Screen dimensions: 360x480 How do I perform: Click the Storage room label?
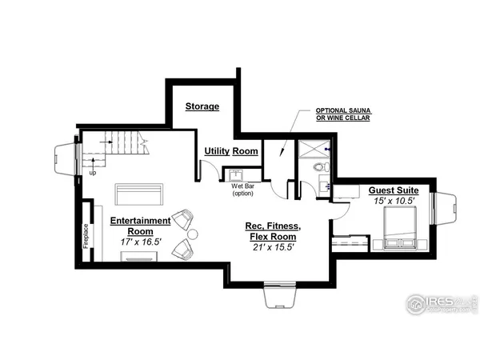[x=202, y=106]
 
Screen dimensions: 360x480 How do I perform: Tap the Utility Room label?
[x=230, y=150]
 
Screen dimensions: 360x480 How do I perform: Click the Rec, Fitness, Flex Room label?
[x=270, y=232]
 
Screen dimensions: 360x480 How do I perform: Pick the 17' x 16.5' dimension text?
[x=140, y=241]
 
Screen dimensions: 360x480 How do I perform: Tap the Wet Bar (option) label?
[x=242, y=190]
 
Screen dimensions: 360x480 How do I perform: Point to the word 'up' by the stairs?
[x=93, y=172]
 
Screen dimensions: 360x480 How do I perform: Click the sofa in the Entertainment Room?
[x=139, y=194]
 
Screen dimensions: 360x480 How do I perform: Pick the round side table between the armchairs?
[x=193, y=233]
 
